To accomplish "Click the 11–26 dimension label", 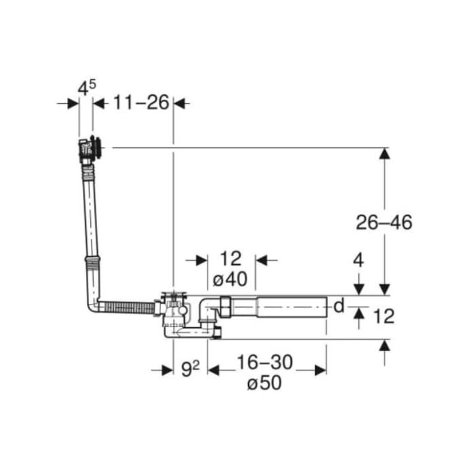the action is coord(141,102).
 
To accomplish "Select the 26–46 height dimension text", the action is coord(384,223).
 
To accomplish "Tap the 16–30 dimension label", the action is coord(265,362).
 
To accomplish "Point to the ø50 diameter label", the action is coord(265,383).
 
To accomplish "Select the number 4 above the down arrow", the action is coord(358,260).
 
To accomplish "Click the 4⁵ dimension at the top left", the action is coord(87,88).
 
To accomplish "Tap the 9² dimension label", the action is coord(190,369).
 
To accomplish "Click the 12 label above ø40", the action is coord(231,259).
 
